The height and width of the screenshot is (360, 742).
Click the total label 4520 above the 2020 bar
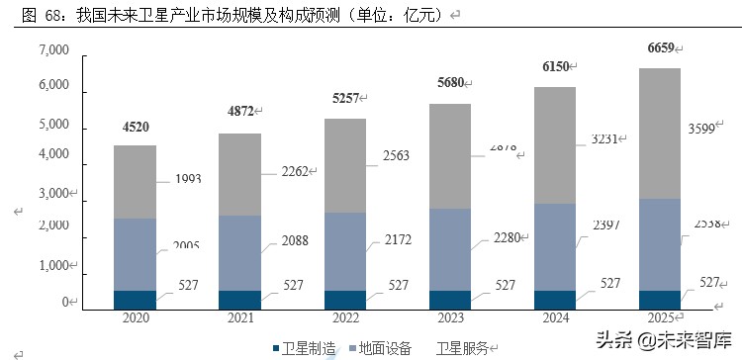point(136,127)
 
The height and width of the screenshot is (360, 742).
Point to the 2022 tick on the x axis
point(344,318)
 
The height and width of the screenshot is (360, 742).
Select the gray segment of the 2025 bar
point(659,133)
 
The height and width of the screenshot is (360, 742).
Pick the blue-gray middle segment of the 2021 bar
point(240,253)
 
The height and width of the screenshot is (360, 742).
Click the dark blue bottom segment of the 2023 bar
point(449,300)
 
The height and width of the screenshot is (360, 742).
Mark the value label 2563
point(397,155)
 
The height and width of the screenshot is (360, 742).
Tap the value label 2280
point(502,235)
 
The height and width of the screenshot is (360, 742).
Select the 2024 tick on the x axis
point(554,318)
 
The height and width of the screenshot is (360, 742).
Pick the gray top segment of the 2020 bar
point(136,182)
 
